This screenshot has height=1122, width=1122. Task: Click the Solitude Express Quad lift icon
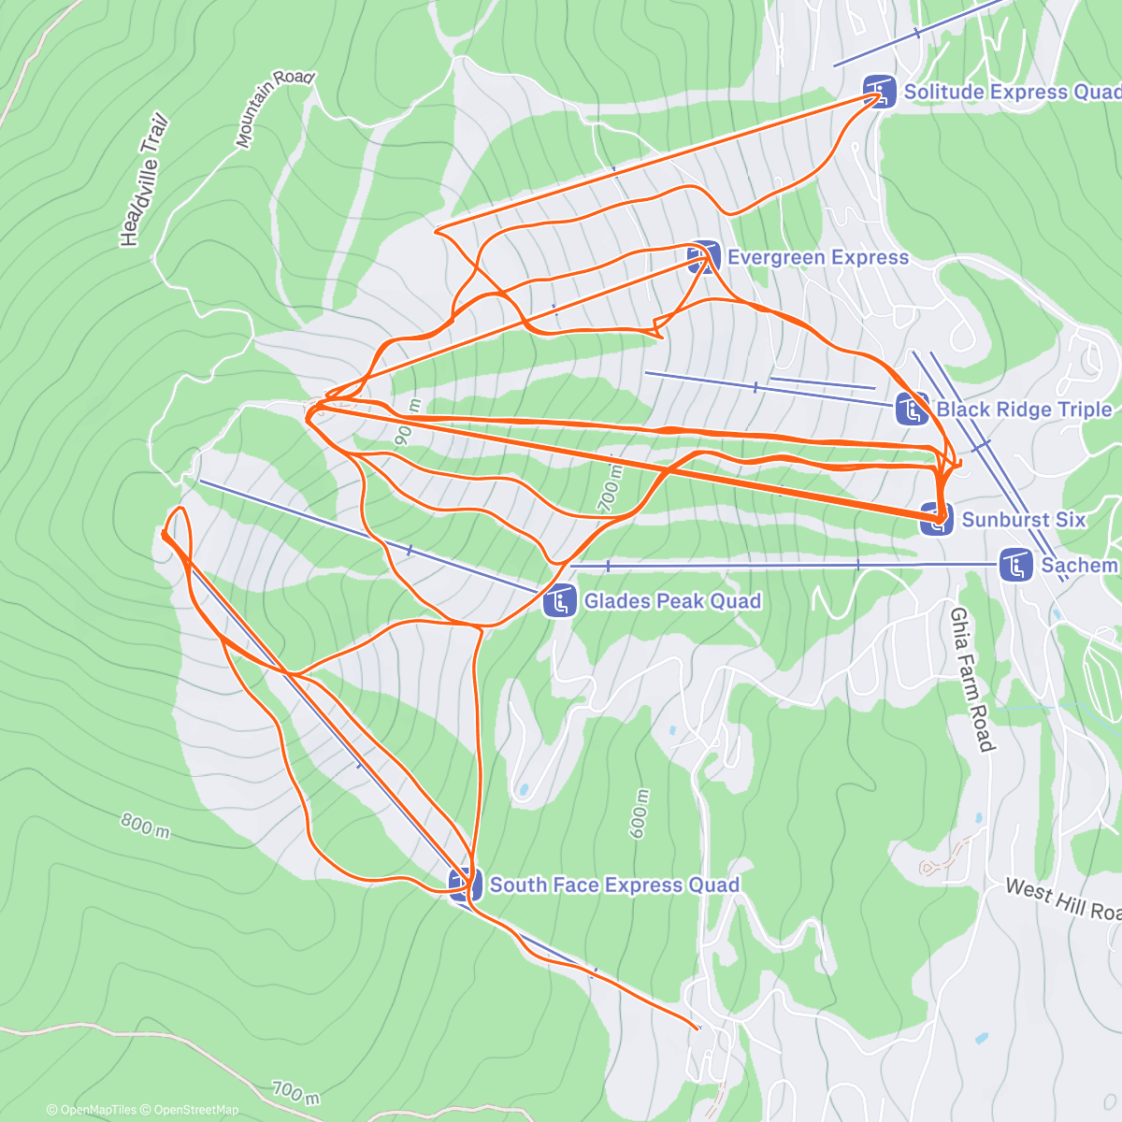coord(878,91)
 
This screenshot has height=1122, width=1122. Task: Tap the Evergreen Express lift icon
coord(703,257)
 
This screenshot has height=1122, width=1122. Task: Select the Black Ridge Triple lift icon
coord(912,409)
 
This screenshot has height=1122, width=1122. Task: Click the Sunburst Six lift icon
coord(936,519)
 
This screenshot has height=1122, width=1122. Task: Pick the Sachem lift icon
coord(1015,565)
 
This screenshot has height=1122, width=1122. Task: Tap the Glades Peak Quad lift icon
coord(559,600)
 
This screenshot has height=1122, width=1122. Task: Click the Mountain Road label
coord(273,108)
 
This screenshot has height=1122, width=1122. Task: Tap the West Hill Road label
coord(1062,899)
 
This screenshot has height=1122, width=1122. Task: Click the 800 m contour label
coord(145,825)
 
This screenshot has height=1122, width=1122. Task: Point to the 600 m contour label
coord(640,813)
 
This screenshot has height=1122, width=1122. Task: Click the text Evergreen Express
coord(817,257)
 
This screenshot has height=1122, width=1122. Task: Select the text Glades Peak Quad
coord(672,600)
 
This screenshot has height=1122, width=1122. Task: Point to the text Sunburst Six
coord(1023,519)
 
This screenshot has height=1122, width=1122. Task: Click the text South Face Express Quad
coord(614,885)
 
